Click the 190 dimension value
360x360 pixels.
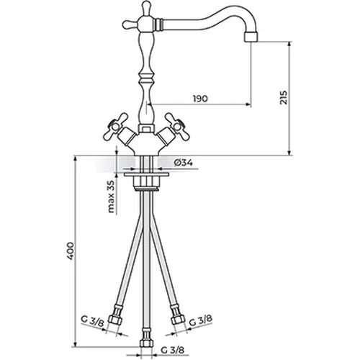(x=200, y=99)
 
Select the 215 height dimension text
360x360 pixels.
(x=284, y=97)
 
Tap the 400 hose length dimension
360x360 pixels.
(x=70, y=251)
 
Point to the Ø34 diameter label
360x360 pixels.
(x=184, y=163)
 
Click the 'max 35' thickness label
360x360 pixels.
(x=111, y=197)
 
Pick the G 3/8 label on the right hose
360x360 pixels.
(x=201, y=321)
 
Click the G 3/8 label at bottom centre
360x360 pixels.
(x=173, y=351)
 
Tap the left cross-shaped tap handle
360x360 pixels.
(x=116, y=126)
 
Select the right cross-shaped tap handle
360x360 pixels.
(x=176, y=126)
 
